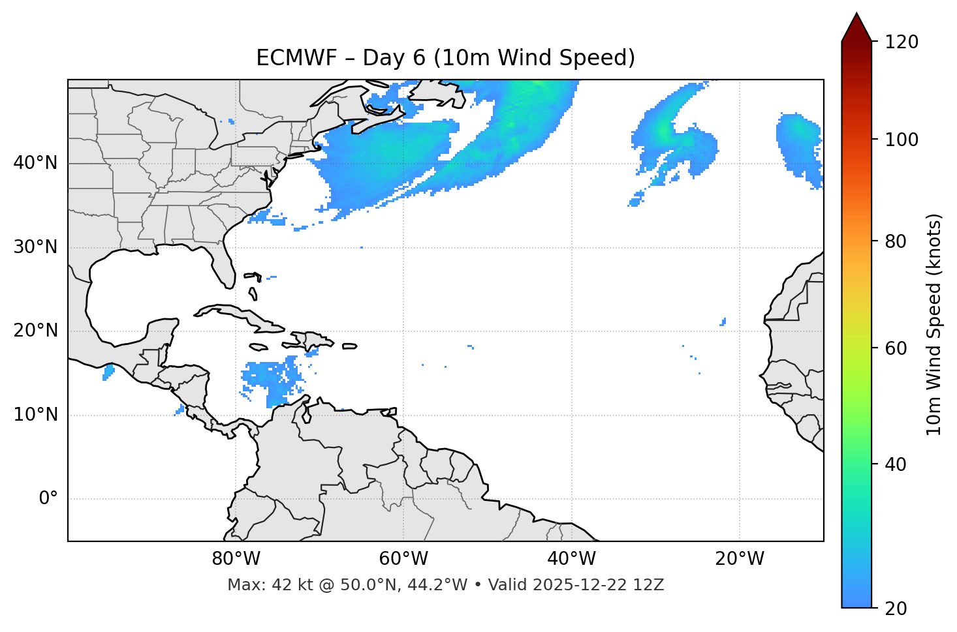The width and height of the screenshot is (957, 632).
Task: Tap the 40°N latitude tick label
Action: tap(35, 163)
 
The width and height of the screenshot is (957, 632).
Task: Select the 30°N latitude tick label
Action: tap(35, 247)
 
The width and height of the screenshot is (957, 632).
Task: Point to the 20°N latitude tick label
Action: tap(35, 331)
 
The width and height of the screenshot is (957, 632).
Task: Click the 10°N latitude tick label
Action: tap(35, 415)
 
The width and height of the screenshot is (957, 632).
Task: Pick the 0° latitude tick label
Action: tap(48, 499)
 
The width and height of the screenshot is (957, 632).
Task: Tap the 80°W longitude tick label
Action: tap(236, 559)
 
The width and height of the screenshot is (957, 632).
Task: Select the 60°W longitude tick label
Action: tap(403, 559)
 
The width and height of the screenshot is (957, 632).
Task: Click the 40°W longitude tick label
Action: tap(571, 559)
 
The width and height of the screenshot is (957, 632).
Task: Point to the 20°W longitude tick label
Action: tap(739, 559)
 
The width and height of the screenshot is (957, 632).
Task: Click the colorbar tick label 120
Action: tap(901, 42)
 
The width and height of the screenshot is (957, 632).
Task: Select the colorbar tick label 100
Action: tap(901, 140)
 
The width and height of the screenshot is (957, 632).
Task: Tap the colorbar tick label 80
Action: tap(896, 241)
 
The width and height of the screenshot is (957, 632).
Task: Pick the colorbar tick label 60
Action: tap(896, 348)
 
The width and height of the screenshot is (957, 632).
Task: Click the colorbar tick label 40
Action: tap(896, 464)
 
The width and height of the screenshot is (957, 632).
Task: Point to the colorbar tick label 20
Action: tap(896, 609)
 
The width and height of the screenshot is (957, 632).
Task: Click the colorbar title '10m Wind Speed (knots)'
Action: tap(934, 325)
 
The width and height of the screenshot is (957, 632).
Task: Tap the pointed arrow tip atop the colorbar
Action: tap(856, 14)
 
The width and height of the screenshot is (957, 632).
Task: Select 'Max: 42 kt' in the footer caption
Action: tap(256, 585)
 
